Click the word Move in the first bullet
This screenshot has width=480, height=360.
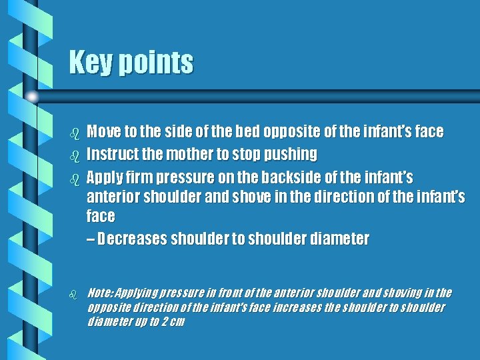click(x=103, y=132)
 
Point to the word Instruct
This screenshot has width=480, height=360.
click(x=111, y=155)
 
